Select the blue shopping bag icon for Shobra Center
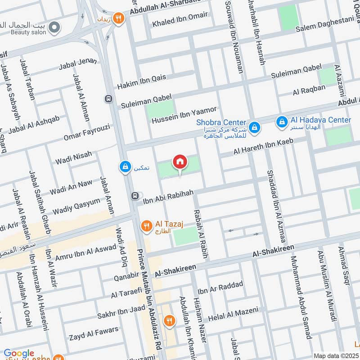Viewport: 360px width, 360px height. [255, 127]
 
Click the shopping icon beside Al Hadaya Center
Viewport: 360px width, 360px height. [282, 121]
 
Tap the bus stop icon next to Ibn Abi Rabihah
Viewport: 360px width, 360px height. [134, 196]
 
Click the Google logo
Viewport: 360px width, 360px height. [19, 354]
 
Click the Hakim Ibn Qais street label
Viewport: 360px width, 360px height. [142, 81]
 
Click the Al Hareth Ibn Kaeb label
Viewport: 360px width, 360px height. [263, 147]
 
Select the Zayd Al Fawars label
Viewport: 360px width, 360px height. [94, 333]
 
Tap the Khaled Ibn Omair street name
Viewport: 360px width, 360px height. [180, 19]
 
